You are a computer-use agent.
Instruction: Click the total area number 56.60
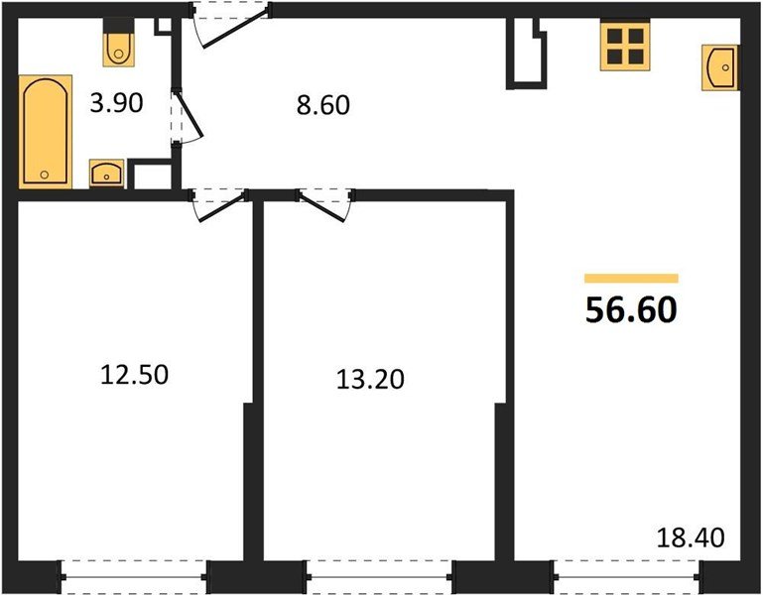631,310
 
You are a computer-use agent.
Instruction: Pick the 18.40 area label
692,539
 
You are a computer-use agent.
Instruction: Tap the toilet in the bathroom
119,44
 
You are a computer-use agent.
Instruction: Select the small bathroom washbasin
106,174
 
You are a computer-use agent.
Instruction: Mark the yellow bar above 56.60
631,279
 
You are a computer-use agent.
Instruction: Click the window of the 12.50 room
135,574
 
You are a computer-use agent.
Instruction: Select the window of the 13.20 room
379,574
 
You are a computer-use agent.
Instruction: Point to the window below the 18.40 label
625,574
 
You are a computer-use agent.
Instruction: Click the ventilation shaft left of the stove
527,57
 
